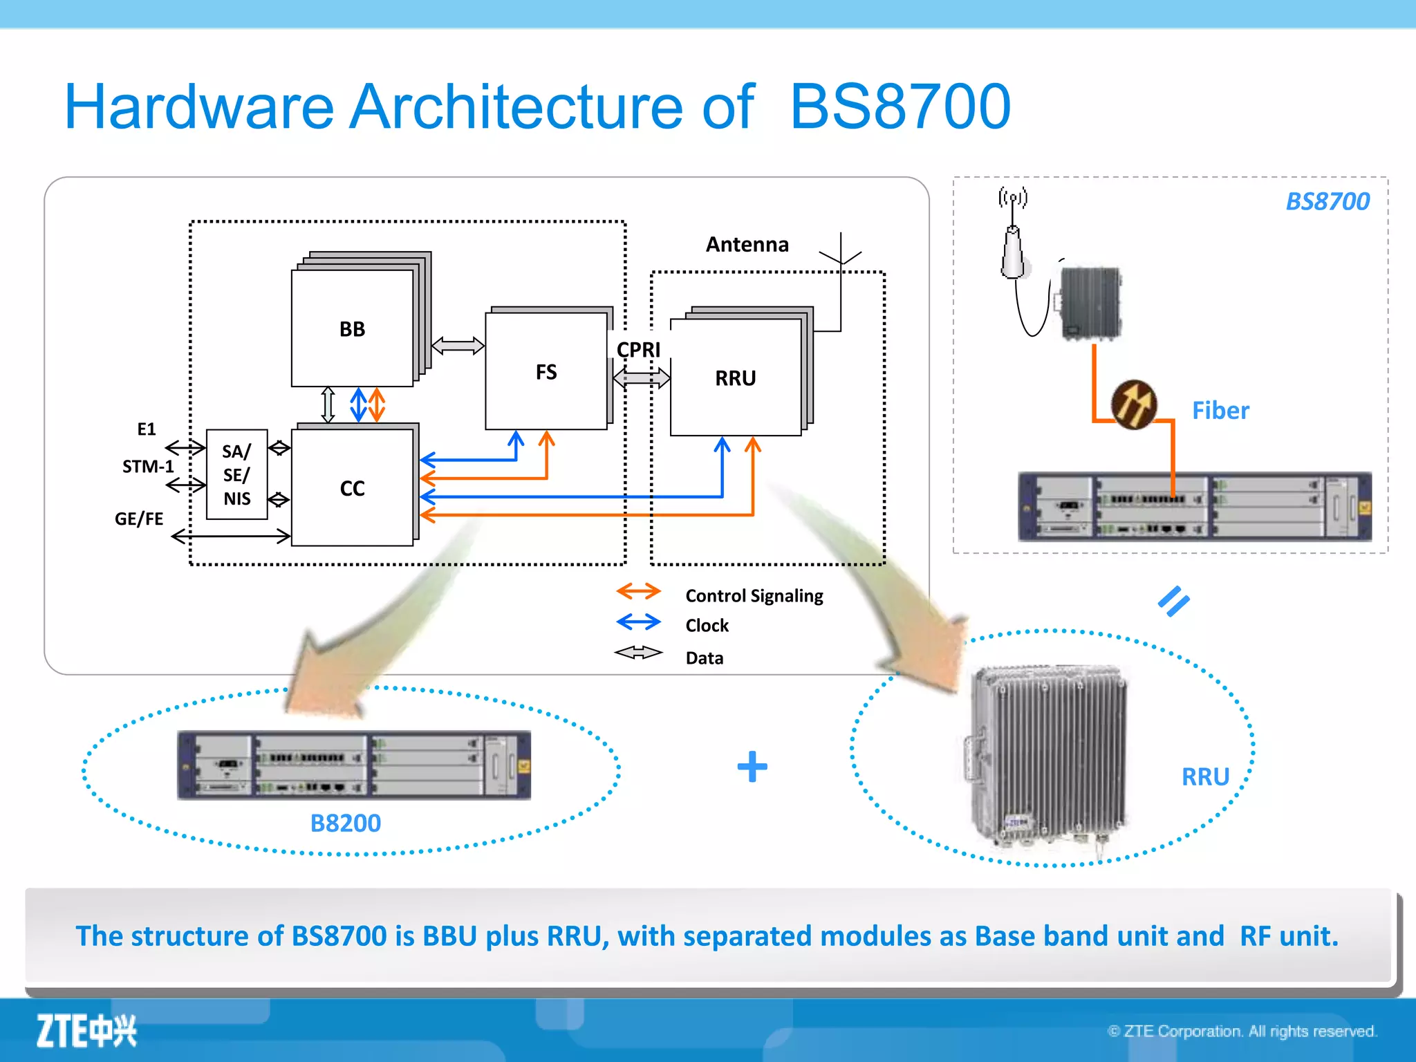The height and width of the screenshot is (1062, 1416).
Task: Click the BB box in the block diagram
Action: (x=352, y=328)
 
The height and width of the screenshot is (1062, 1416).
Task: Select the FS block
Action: (x=546, y=372)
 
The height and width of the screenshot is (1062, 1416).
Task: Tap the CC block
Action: (x=352, y=488)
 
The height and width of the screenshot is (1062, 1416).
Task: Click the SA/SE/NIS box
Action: (x=236, y=474)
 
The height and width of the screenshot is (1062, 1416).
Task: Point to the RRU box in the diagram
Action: (x=735, y=378)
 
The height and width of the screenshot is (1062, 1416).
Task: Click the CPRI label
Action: (x=638, y=350)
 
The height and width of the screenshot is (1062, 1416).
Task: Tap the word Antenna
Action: (x=747, y=244)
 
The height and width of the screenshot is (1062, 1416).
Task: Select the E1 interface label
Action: (x=147, y=429)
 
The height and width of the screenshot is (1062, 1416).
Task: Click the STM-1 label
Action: (x=148, y=467)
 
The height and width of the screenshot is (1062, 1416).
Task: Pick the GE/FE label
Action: (x=139, y=519)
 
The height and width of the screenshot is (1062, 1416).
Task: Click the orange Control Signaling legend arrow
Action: (x=638, y=592)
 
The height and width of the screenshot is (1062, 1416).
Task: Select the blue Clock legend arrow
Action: (x=638, y=622)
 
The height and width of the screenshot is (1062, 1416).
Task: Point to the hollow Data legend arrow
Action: (x=638, y=653)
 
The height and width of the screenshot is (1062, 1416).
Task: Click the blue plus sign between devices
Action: (x=752, y=767)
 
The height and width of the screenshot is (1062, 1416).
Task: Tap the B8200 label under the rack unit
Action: (x=345, y=823)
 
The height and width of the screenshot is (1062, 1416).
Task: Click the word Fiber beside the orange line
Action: (x=1220, y=411)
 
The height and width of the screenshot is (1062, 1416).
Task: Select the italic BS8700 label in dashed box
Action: (x=1327, y=201)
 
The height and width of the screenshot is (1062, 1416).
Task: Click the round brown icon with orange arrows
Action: (x=1134, y=404)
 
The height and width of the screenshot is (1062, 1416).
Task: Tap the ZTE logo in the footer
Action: (x=86, y=1031)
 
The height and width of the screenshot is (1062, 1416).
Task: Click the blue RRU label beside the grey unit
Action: (x=1205, y=776)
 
